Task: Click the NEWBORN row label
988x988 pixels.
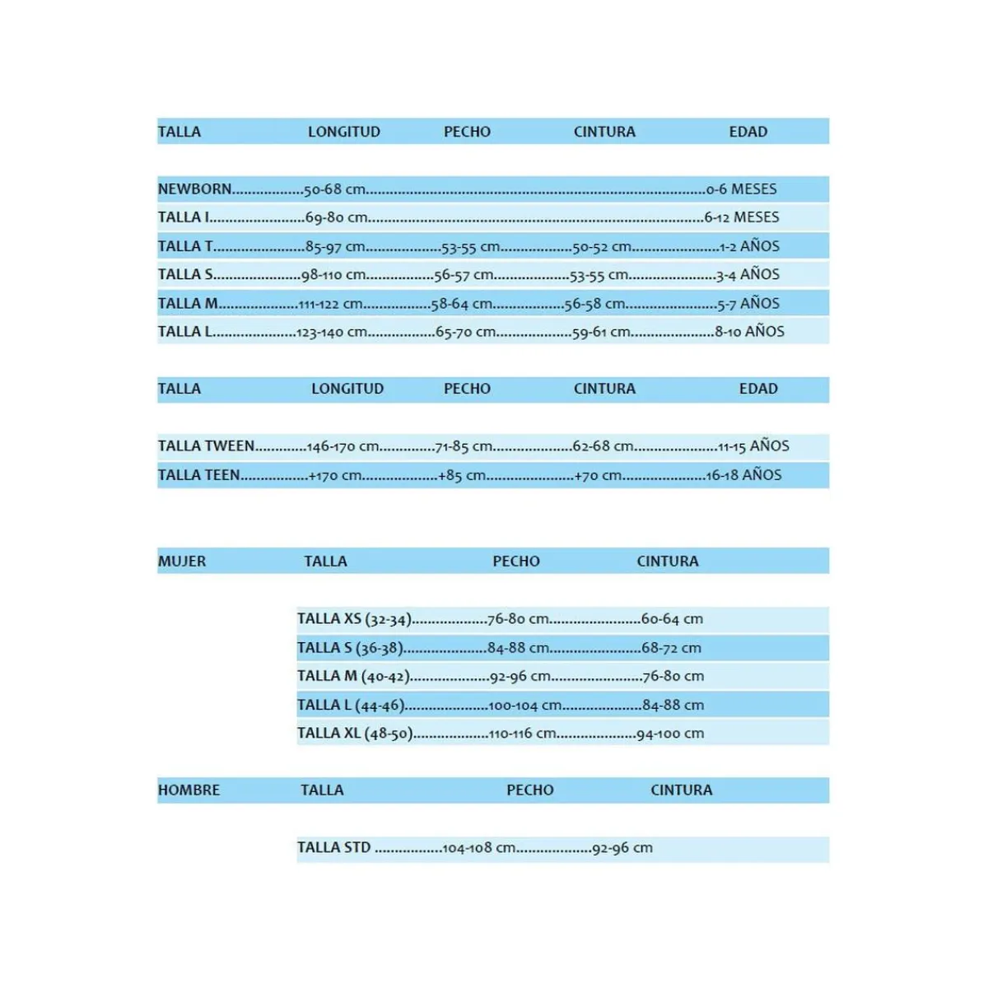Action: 194,189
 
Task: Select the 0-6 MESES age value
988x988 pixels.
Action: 741,189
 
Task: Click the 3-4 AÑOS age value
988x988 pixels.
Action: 748,274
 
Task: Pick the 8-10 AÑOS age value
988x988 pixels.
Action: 749,332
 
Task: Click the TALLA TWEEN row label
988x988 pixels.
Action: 206,446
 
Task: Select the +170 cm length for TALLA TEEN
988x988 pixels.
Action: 335,475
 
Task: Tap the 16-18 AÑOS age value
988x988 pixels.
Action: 743,475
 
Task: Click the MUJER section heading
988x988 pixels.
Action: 182,562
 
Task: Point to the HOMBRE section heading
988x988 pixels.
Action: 189,790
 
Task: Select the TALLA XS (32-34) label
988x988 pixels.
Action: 353,619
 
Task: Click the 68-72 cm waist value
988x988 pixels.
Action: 671,648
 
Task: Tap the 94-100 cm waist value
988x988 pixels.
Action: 670,734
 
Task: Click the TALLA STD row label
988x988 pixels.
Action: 333,847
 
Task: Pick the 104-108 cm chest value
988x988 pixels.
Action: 478,848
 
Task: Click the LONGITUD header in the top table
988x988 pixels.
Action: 343,132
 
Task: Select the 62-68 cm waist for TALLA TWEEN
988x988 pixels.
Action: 603,446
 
